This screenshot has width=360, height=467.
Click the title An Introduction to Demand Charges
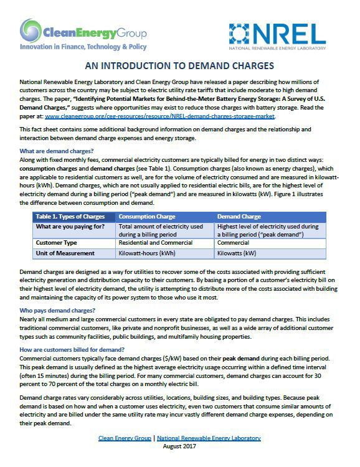pos(180,67)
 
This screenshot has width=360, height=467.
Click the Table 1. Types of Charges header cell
pos(70,216)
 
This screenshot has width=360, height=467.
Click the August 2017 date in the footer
pos(179,447)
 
